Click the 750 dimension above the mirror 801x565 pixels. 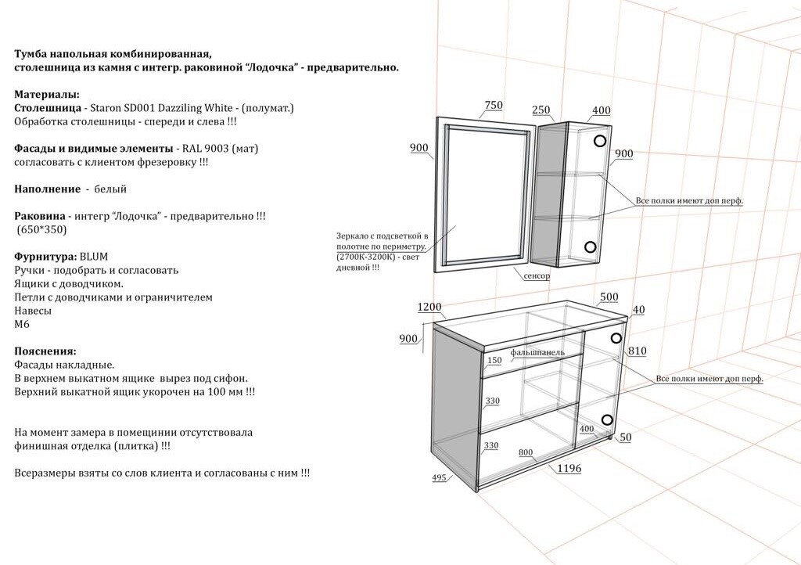tap(494, 106)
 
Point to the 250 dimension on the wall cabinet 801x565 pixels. tap(541, 110)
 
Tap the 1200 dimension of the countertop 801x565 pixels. tap(429, 307)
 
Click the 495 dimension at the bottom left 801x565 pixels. tap(439, 477)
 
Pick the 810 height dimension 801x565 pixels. tap(637, 351)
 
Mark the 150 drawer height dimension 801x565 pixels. tap(494, 361)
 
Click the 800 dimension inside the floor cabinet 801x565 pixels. tap(526, 453)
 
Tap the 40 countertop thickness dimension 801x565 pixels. tap(638, 310)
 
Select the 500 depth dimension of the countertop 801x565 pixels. tap(609, 297)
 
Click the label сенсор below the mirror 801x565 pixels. tap(537, 276)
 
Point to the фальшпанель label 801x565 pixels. tap(537, 352)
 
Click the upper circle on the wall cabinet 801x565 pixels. tap(600, 142)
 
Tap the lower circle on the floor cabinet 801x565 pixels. tap(607, 419)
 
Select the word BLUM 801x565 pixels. tap(93, 256)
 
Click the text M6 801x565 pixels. tap(22, 324)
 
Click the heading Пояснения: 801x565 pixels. tap(45, 351)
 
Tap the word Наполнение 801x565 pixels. tap(47, 189)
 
